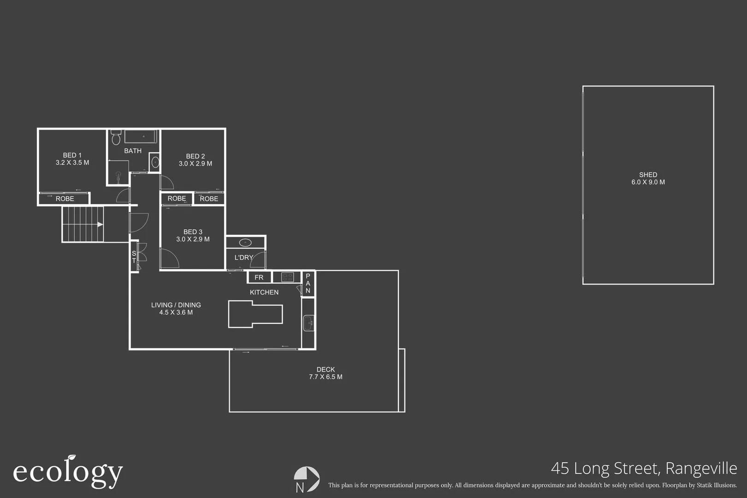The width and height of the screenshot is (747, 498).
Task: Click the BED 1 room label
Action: tap(72, 155)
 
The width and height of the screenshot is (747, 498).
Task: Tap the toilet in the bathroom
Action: tap(116, 137)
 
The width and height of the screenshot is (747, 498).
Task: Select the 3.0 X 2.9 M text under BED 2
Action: tap(196, 164)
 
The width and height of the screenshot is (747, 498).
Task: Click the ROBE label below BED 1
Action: tap(65, 199)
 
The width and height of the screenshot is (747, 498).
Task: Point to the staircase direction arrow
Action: tap(100, 225)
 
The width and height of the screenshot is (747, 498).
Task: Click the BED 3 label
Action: tap(193, 232)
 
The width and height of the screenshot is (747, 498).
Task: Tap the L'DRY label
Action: tap(243, 258)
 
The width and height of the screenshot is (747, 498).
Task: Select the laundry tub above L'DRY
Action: tap(245, 243)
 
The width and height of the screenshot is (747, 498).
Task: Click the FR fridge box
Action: tap(259, 277)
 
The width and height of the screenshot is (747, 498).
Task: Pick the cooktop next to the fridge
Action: tap(287, 277)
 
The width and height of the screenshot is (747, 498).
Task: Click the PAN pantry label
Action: tap(308, 283)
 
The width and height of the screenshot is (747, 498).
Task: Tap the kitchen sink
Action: tap(308, 323)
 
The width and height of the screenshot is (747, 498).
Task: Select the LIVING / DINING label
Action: tap(176, 305)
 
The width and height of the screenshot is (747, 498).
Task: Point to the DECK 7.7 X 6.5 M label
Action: tap(326, 373)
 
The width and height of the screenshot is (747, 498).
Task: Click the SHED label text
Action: tap(648, 175)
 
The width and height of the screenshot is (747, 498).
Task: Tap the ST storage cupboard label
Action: tap(134, 257)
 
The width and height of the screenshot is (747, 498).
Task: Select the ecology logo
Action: tap(68, 472)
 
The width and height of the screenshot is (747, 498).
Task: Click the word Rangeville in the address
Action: tap(701, 468)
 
